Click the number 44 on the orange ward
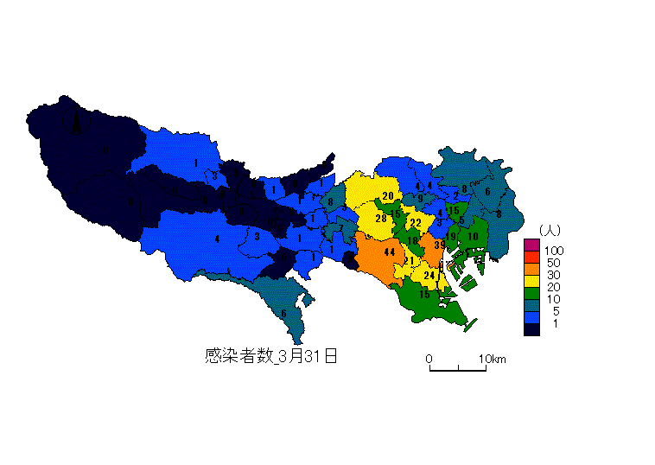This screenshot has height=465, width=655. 389,252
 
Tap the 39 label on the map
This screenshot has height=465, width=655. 439,245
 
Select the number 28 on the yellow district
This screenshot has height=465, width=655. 380,219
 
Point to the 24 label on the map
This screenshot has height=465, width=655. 429,275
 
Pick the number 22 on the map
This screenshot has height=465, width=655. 416,223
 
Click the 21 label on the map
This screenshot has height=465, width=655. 410,261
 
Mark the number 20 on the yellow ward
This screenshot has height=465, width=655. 388,196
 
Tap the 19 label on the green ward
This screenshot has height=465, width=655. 450,236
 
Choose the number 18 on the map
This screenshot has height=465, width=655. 413,241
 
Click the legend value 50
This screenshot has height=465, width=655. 554,263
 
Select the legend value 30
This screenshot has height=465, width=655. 554,275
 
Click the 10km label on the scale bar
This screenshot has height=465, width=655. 493,359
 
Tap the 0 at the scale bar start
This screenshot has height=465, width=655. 429,359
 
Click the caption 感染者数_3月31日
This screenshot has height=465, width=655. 270,355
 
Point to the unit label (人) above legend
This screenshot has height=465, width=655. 550,230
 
